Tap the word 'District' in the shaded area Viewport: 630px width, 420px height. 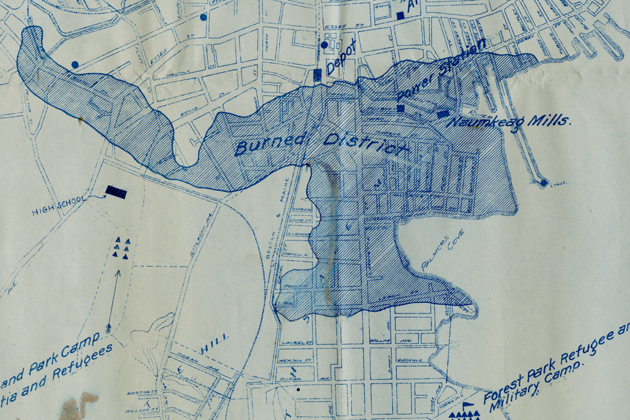click(364, 143)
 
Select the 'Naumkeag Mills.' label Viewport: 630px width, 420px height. click(508, 118)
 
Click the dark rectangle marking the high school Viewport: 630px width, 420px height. click(116, 192)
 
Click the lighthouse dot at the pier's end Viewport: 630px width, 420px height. click(544, 183)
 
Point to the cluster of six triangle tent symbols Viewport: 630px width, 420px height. click(121, 248)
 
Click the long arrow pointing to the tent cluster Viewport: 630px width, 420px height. click(112, 302)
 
